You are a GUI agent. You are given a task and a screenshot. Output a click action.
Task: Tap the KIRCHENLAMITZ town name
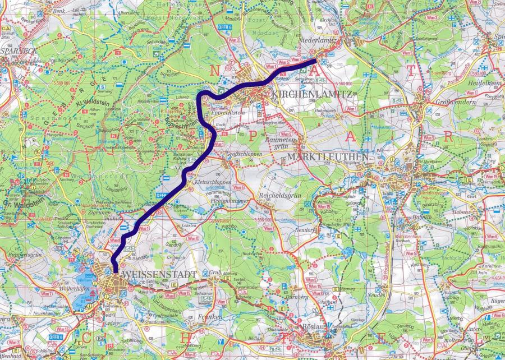point(312,94)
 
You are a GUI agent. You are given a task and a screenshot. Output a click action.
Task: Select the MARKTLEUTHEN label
point(327,156)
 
